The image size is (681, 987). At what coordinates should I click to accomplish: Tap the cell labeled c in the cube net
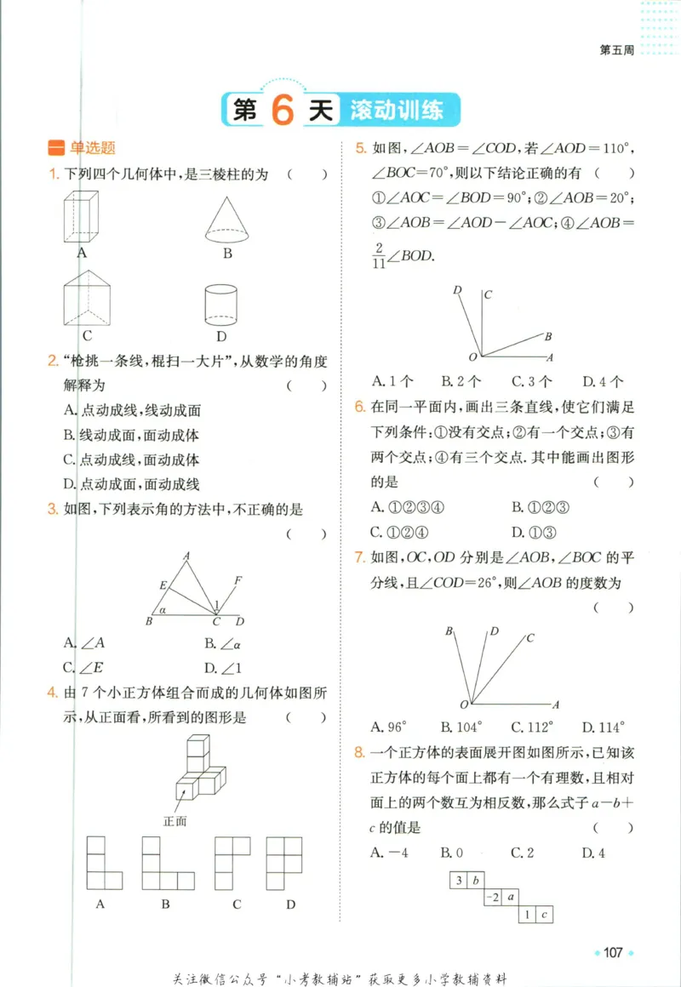(547, 915)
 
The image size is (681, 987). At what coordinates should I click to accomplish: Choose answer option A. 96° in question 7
(390, 727)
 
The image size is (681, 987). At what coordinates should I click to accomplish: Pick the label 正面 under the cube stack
(175, 821)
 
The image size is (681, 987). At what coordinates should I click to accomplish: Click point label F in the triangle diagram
(237, 580)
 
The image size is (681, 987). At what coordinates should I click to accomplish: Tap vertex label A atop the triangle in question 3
(186, 556)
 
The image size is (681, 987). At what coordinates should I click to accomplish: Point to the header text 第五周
(617, 50)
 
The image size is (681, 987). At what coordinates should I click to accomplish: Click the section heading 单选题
(92, 148)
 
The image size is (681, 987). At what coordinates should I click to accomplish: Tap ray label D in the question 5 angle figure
(457, 290)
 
